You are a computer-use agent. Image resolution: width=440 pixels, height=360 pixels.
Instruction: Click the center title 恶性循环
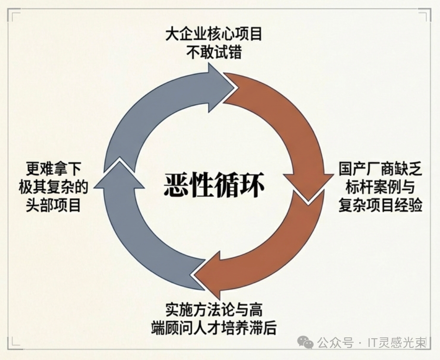coord(214,186)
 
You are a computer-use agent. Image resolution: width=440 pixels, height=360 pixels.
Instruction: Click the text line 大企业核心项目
coord(214,34)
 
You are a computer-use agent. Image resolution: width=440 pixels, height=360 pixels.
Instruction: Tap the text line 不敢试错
coord(214,53)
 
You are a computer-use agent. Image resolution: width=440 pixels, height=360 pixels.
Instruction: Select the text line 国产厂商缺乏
coord(380,169)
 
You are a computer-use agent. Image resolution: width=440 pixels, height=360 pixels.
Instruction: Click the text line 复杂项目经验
coord(380,206)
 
